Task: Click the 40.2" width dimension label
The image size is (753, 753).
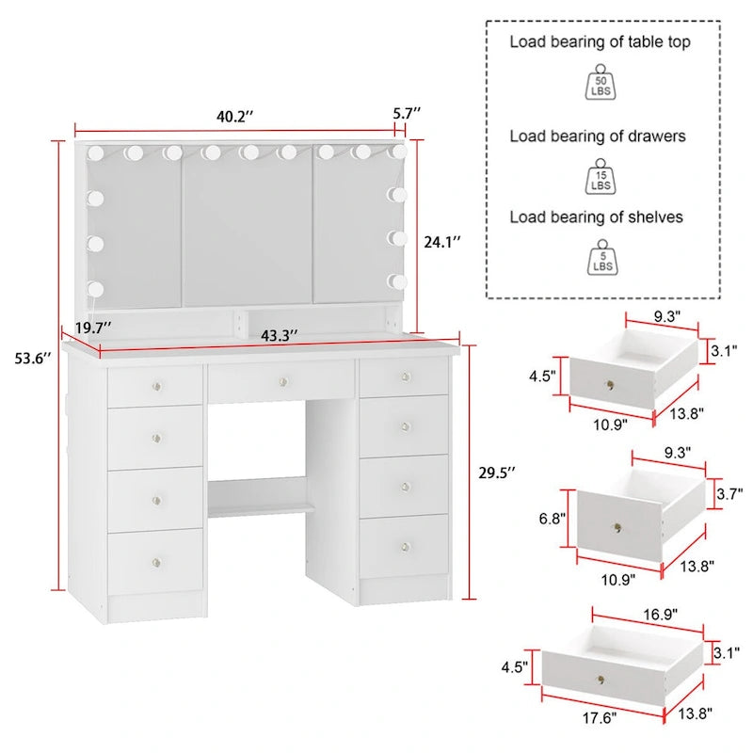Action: tap(234, 117)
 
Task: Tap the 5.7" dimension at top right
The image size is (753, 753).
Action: tap(407, 113)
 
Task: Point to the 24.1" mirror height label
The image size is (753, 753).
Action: tap(441, 242)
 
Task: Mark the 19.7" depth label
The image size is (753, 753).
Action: tap(94, 328)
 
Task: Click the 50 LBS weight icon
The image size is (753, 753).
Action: tap(599, 82)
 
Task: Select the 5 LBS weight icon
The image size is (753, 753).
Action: tap(599, 257)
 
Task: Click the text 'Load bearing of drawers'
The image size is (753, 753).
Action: tap(598, 136)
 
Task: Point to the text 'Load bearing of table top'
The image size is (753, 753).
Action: tap(600, 41)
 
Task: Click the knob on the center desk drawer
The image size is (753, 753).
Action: tap(282, 380)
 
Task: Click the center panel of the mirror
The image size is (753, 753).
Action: tap(247, 226)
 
